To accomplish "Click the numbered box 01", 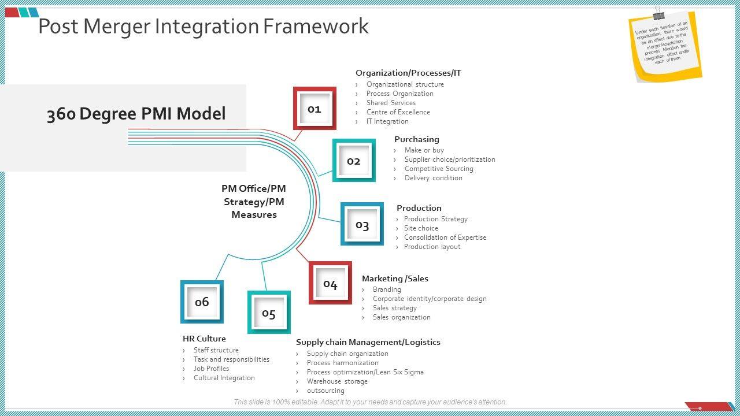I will [x=314, y=109].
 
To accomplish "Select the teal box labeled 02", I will [x=354, y=161].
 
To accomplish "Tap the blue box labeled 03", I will [x=362, y=224].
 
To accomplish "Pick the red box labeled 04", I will [x=330, y=283].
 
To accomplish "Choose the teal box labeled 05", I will [x=269, y=313].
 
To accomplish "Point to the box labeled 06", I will [x=202, y=302].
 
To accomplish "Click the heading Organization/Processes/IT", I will [x=408, y=73].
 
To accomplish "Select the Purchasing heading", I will [x=417, y=139].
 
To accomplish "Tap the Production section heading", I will [x=419, y=208].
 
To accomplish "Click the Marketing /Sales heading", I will [x=395, y=278].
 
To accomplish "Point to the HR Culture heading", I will [x=204, y=339].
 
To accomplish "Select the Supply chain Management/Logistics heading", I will [x=368, y=342].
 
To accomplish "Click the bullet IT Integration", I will [x=387, y=121].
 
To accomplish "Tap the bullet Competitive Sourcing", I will [x=439, y=169].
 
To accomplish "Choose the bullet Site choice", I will [x=421, y=228].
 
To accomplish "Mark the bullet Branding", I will [x=387, y=289].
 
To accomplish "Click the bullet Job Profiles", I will [x=211, y=369].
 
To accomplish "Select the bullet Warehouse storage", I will [x=337, y=381].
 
